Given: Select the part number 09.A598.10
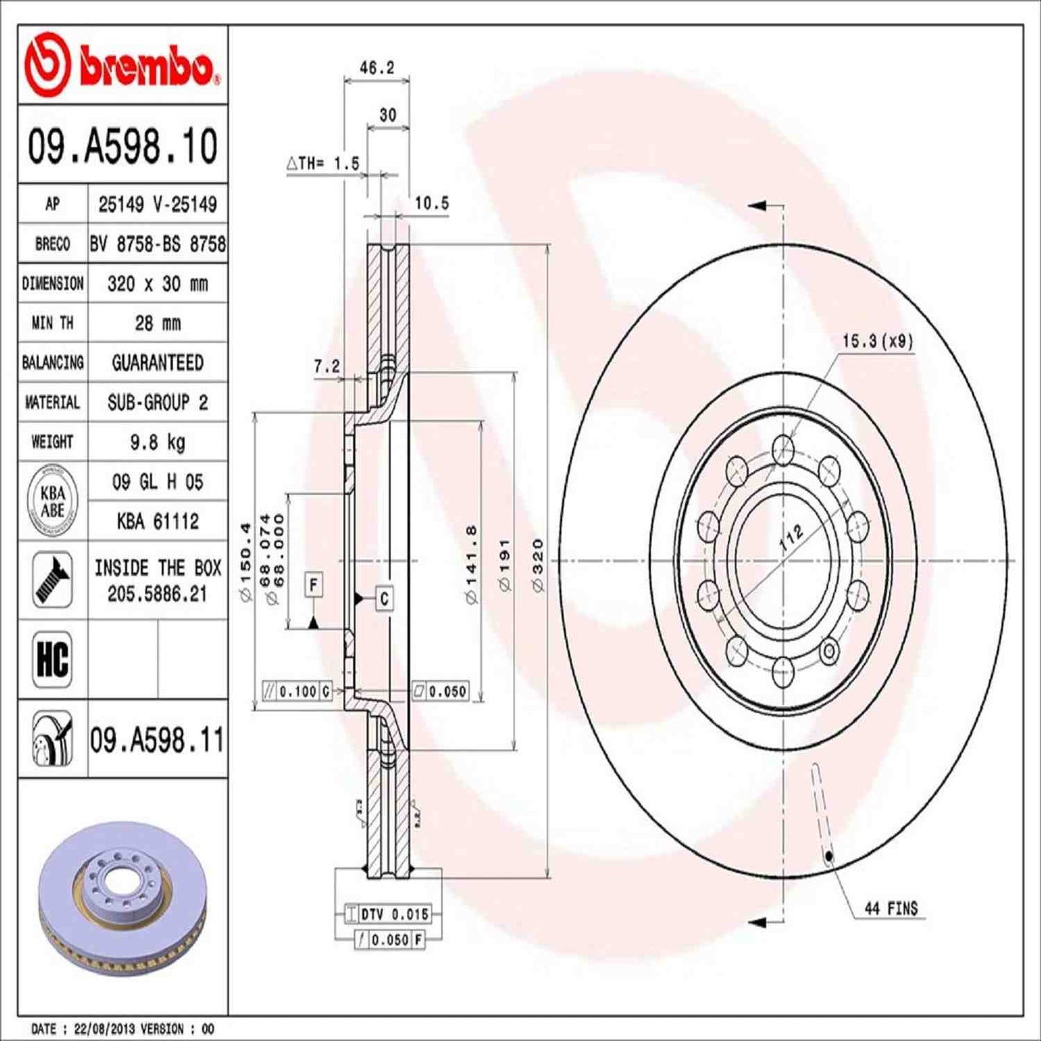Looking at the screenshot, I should click(122, 146).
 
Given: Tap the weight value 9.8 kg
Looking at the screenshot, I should click(157, 442).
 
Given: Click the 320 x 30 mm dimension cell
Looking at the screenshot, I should click(157, 284).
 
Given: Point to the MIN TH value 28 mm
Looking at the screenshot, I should click(157, 323).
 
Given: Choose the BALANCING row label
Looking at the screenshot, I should click(53, 362).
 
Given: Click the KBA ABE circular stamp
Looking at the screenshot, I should click(52, 501).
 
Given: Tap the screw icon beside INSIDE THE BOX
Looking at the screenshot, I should click(52, 580).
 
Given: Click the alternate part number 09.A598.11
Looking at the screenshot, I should click(157, 740).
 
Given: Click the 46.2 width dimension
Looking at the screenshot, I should click(377, 68).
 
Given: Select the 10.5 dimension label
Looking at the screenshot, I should click(431, 203).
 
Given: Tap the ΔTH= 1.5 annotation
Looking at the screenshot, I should click(323, 164).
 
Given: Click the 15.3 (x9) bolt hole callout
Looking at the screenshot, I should click(877, 341).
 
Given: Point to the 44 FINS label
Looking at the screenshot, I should click(891, 908).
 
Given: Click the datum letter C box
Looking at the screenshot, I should click(385, 598).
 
